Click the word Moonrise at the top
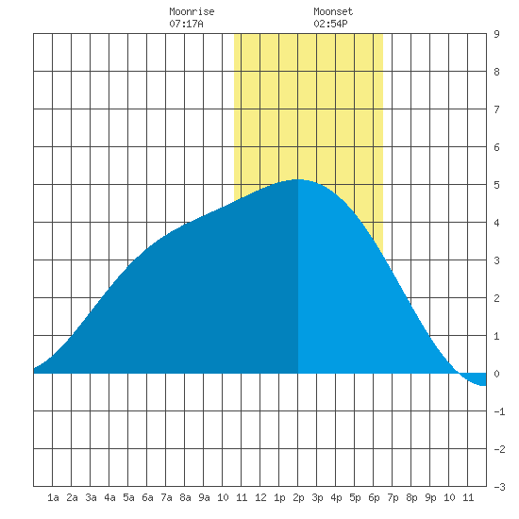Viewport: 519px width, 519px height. coord(192,11)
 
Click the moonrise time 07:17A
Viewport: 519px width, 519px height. coord(186,24)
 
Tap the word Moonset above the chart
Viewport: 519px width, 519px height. coord(333,11)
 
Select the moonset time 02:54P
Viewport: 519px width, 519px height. coord(330,24)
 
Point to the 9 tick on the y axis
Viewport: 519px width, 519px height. coord(496,34)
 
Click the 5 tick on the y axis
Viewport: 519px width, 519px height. coord(496,185)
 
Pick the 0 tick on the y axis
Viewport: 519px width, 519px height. coord(496,374)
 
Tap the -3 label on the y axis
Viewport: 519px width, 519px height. coord(499,487)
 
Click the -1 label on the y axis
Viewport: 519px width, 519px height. coord(499,411)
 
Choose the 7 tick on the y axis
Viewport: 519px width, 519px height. coord(496,109)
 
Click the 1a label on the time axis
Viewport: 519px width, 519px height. coord(53,497)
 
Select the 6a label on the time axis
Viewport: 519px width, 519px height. coord(147,497)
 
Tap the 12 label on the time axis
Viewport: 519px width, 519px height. coord(260,497)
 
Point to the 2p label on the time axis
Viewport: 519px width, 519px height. coord(298,497)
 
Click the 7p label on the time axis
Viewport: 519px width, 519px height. coord(393,497)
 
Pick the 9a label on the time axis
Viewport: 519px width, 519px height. coord(204,497)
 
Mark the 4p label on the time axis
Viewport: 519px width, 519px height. coord(336,497)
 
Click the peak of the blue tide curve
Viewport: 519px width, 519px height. coord(297,179)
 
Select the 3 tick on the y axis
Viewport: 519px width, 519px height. coord(496,260)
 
